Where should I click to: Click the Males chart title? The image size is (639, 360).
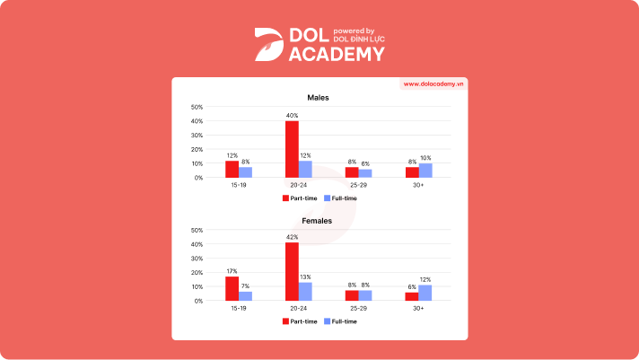319,97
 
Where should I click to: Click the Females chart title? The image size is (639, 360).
319,220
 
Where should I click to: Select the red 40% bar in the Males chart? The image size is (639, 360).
292,149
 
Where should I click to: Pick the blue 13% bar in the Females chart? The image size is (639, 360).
305,291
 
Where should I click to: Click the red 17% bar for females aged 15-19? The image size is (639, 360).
232,288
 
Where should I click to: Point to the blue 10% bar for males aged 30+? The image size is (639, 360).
425,170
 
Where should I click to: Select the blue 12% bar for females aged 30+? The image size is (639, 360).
425,292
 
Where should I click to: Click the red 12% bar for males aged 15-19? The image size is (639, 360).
232,169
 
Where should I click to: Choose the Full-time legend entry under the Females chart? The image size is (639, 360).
341,320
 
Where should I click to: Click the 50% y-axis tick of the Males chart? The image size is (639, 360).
197,107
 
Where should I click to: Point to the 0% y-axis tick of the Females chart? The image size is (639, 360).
198,301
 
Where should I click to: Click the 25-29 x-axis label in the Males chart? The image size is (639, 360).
358,184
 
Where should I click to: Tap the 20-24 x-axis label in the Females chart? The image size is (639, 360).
298,307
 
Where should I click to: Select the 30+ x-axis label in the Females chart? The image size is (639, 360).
418,307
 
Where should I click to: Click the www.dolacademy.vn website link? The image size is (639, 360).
434,83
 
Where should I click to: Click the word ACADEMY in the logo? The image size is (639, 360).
337,54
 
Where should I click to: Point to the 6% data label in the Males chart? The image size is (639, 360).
365,163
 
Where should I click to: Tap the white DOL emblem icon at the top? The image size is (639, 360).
267,44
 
